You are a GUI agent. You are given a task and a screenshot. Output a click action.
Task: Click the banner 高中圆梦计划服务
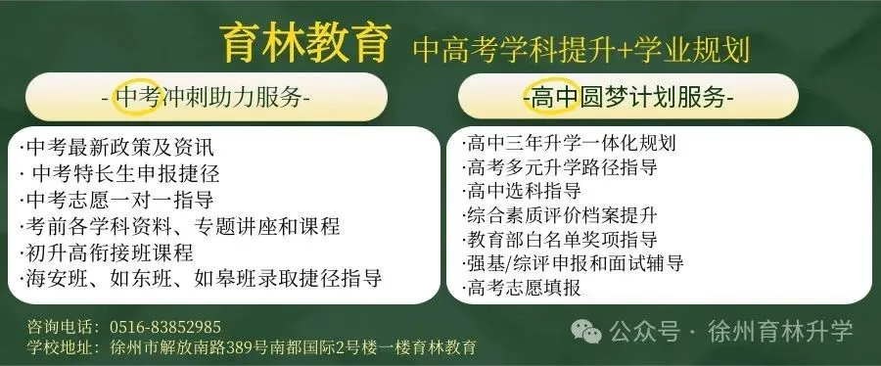tap(627, 98)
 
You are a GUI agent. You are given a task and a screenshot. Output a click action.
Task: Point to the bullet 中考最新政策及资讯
tap(116, 150)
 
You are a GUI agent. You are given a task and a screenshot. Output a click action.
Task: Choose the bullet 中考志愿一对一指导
tap(116, 201)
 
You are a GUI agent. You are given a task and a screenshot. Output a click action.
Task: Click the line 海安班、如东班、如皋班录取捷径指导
tap(201, 278)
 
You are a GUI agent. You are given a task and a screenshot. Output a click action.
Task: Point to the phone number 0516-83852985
tap(165, 327)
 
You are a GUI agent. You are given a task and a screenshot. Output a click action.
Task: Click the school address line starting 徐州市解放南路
tap(294, 347)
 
